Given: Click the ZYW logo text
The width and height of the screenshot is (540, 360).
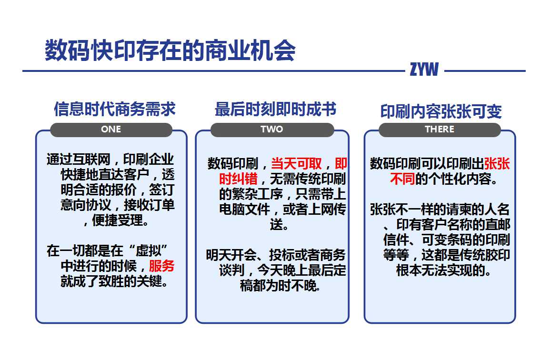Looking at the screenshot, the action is click(x=424, y=69).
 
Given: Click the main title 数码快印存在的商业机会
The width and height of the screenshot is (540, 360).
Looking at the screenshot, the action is click(x=170, y=50).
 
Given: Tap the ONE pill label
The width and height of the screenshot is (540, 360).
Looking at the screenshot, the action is click(x=111, y=129).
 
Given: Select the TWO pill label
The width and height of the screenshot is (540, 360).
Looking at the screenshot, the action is click(x=272, y=129).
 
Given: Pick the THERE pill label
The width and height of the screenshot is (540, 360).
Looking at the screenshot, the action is click(x=440, y=129).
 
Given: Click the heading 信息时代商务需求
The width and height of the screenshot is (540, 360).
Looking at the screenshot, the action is click(x=115, y=109).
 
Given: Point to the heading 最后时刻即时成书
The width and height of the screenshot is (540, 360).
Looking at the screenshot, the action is click(x=276, y=109).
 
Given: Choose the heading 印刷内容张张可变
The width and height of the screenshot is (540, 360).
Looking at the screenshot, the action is click(x=441, y=111).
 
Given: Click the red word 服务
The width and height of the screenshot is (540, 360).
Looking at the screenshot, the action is click(x=161, y=266).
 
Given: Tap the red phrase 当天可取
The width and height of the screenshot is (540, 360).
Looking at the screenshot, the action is click(x=296, y=163).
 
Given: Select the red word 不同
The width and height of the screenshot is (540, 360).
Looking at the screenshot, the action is click(x=402, y=179).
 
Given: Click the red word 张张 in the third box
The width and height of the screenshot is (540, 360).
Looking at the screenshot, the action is click(x=497, y=163).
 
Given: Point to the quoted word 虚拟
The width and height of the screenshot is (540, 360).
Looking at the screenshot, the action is click(x=149, y=250).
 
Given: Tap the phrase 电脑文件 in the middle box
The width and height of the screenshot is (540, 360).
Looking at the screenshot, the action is click(x=244, y=209).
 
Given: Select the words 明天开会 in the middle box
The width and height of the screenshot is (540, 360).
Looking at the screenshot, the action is click(x=231, y=255).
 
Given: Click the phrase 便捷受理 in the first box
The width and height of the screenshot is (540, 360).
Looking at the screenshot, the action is click(x=118, y=220).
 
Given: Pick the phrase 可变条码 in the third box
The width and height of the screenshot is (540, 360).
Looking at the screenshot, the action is click(x=447, y=240).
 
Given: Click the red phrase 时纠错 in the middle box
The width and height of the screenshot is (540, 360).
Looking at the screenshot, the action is click(x=238, y=179).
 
